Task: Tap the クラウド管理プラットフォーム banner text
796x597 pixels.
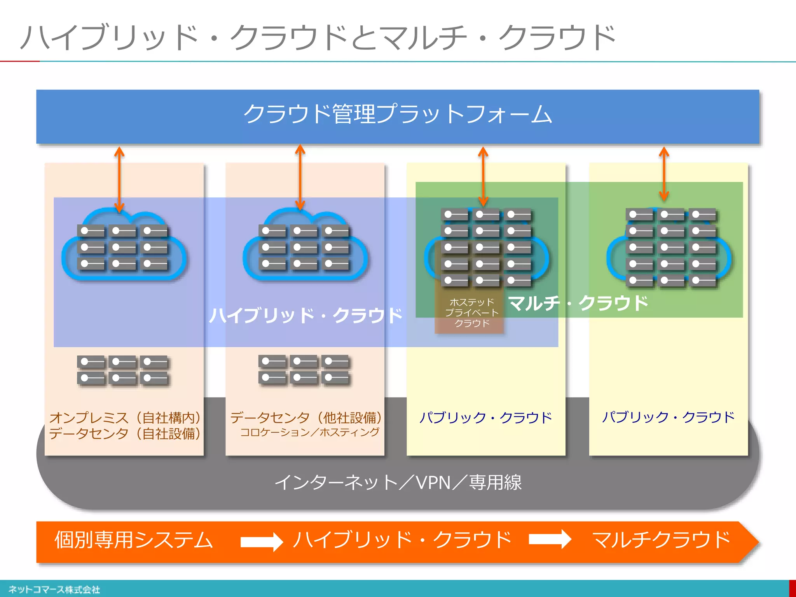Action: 397,115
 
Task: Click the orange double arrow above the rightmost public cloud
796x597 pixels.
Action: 664,174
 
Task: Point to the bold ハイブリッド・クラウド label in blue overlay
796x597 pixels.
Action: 305,315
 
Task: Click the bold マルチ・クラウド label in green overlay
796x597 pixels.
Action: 578,303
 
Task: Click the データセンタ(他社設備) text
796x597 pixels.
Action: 306,417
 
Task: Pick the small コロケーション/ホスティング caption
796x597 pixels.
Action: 309,432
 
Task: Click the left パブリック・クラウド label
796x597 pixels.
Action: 485,417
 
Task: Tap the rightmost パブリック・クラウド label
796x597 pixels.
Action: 668,417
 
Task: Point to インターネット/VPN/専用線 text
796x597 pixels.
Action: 398,482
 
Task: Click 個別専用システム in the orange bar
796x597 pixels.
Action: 134,540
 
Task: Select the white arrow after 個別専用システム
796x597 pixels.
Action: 262,541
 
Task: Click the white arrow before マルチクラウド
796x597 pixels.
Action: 550,539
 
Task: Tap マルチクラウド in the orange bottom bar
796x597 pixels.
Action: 660,540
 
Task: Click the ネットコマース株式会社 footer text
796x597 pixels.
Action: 54,590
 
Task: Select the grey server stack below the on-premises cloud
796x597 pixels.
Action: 123,370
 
